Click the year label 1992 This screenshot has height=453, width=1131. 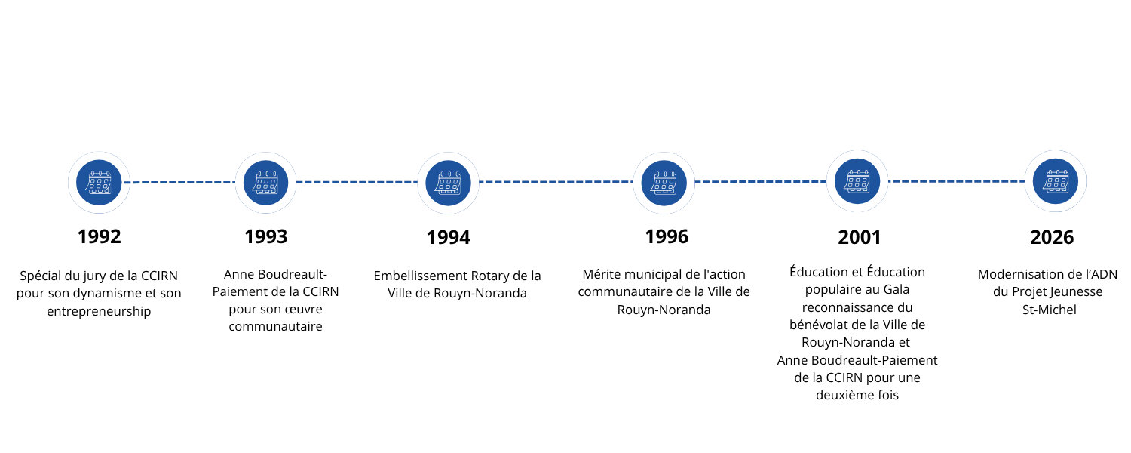point(99,236)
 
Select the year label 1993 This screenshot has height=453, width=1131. point(266,236)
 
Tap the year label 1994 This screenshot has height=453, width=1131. point(449,237)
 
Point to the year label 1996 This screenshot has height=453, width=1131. point(667,236)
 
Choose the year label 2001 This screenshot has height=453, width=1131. point(860,237)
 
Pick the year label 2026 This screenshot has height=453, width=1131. point(1052,237)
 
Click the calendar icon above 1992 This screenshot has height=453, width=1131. point(99,183)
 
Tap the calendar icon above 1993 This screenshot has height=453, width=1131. point(265,183)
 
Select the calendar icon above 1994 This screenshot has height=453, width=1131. point(449,183)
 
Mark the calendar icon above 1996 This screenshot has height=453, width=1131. point(664,183)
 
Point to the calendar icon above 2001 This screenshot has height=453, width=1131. point(857,181)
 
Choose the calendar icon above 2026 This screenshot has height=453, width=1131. point(1056,181)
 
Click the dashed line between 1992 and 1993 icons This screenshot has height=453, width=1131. point(179,183)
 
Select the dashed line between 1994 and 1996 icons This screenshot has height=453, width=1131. point(556,182)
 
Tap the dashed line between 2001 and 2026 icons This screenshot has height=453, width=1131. point(956,181)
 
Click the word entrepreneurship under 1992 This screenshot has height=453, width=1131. point(99,311)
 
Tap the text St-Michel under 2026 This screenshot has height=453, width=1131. point(1050,310)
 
